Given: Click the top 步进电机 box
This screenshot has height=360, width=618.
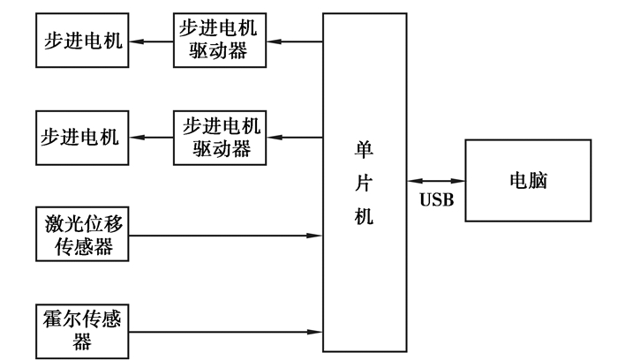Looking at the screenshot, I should (80, 41).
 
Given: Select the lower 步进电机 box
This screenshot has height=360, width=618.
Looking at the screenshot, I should (80, 138).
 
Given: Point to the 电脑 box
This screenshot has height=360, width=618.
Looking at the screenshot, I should (528, 181).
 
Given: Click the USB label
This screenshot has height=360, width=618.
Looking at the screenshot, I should (436, 200).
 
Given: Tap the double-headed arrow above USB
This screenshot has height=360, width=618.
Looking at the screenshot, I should (437, 180).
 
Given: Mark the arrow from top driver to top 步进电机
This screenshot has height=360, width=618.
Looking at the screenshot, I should (150, 41).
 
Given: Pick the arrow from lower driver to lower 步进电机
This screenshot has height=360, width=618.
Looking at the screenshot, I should (150, 138).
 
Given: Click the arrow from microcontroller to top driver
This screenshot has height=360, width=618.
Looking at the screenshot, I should (295, 41).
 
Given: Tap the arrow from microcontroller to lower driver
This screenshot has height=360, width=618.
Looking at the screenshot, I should (295, 138).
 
